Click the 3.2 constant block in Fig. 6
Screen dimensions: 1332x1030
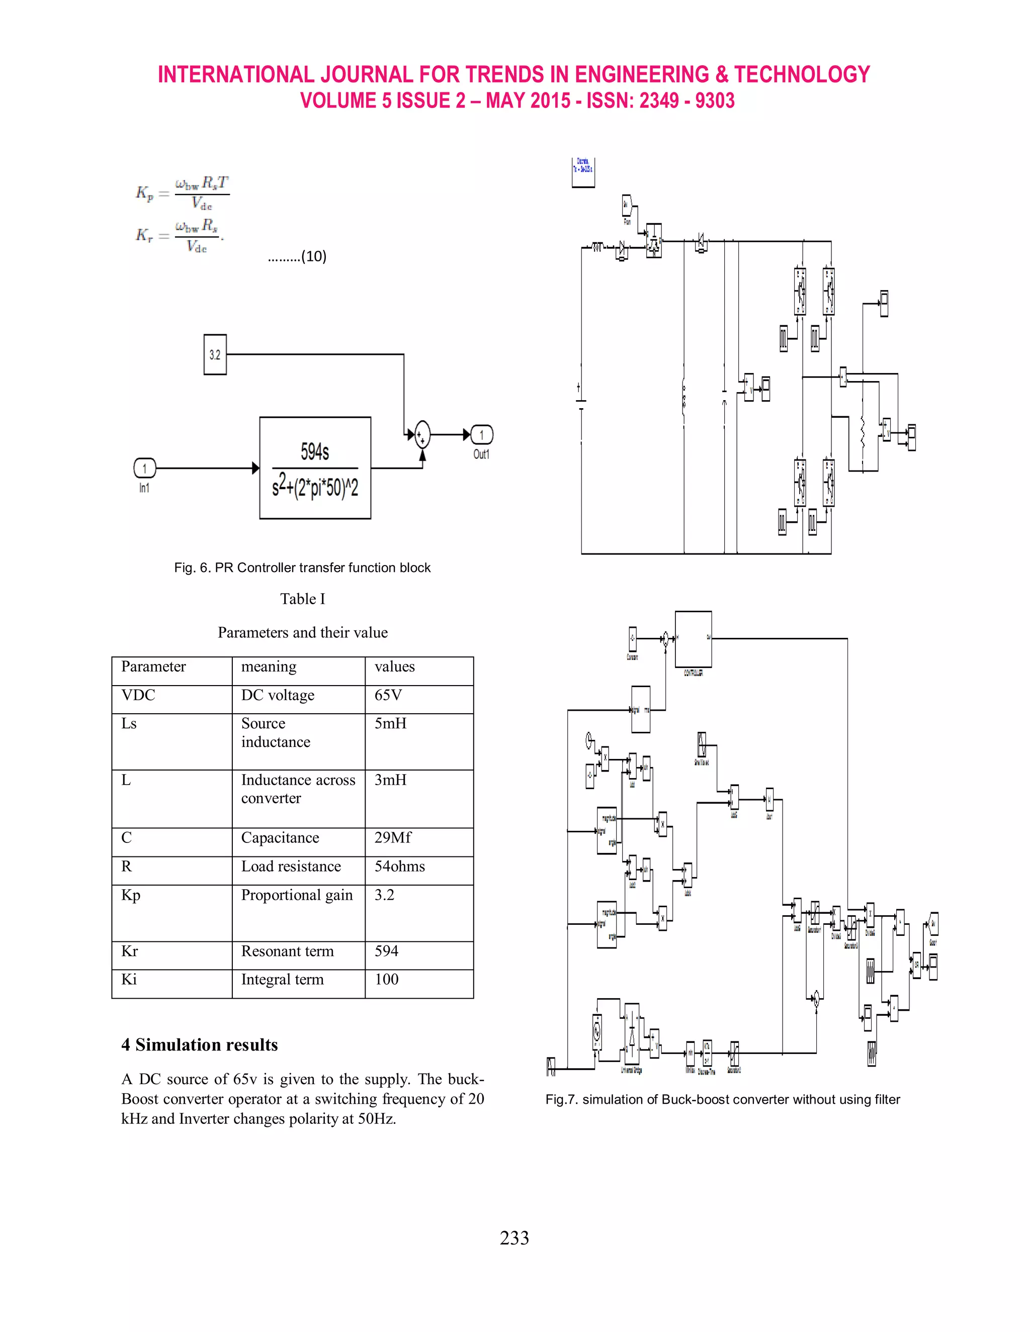pyautogui.click(x=215, y=354)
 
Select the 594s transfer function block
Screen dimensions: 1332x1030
pyautogui.click(x=315, y=468)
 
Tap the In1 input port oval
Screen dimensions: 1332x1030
pyautogui.click(x=145, y=468)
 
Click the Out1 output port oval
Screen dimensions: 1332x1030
pyautogui.click(x=481, y=435)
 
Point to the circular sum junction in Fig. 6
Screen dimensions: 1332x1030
pyautogui.click(x=421, y=435)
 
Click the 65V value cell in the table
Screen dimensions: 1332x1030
pyautogui.click(x=388, y=695)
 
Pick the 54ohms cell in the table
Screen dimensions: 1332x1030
pyautogui.click(x=400, y=867)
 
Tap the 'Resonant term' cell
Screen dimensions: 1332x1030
pyautogui.click(x=287, y=952)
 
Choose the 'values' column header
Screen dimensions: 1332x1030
pyautogui.click(x=395, y=667)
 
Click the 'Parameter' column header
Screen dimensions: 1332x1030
pyautogui.click(x=153, y=667)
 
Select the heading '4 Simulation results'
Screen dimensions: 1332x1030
pyautogui.click(x=200, y=1045)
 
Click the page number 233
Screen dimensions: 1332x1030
pyautogui.click(x=514, y=1238)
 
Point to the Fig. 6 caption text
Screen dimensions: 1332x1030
pyautogui.click(x=302, y=568)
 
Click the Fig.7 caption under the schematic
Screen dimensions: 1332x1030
pyautogui.click(x=723, y=1100)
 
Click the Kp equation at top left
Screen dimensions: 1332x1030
pyautogui.click(x=183, y=193)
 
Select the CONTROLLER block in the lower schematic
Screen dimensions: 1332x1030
pyautogui.click(x=693, y=639)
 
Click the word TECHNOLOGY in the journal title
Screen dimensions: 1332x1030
pyautogui.click(x=802, y=74)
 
